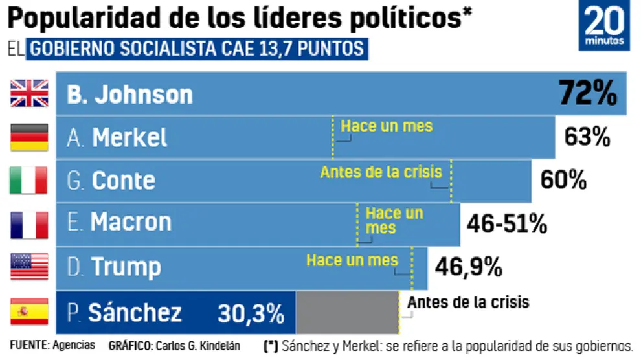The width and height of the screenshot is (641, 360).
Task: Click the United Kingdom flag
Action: coord(30,93)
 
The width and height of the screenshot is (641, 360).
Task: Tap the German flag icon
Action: coord(30,137)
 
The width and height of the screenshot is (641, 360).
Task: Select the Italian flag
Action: coord(30,181)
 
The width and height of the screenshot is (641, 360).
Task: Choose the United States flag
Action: coord(30,267)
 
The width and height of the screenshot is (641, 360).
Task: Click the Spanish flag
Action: coord(30,311)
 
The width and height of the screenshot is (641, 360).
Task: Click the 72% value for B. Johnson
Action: coord(588,93)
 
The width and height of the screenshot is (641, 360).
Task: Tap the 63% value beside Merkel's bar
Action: coord(587,137)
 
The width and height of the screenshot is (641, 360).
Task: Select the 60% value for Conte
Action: coord(563,181)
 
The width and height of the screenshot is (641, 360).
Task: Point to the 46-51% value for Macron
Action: coord(507,224)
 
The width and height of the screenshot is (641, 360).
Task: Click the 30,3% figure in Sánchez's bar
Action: coord(251,314)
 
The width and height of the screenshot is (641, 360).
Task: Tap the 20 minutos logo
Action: coord(604,27)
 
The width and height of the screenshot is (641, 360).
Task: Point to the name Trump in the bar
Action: coord(126,267)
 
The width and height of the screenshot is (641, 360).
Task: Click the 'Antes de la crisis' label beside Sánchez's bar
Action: coord(468,302)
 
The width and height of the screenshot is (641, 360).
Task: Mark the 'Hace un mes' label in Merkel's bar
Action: coord(387,126)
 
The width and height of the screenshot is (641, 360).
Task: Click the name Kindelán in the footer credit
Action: coord(217,346)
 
